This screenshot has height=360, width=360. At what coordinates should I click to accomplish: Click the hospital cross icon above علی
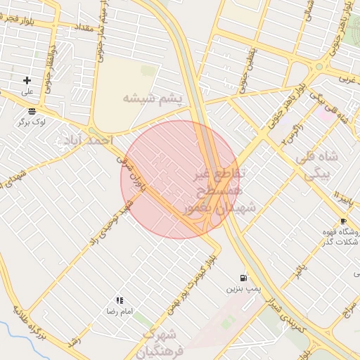(x=27, y=81)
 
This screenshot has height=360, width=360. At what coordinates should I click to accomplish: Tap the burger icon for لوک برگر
(x=32, y=111)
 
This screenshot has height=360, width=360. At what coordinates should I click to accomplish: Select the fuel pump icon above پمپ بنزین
(x=243, y=278)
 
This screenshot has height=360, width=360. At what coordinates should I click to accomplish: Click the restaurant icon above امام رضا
(x=120, y=300)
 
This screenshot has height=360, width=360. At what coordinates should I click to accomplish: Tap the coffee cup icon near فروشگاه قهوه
(x=343, y=221)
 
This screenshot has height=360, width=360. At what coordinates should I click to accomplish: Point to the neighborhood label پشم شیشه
(x=152, y=98)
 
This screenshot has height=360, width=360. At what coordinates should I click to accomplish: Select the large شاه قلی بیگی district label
(x=319, y=166)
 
